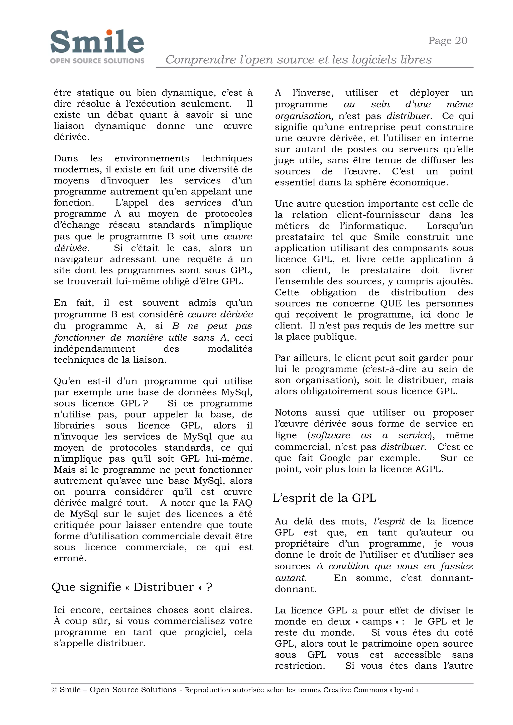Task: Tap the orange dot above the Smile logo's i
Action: click(x=109, y=33)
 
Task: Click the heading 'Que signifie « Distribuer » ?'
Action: click(x=132, y=587)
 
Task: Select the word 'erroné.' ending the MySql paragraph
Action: click(x=70, y=558)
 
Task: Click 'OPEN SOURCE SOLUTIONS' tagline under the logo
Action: click(x=97, y=61)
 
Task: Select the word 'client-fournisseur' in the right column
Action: click(x=378, y=215)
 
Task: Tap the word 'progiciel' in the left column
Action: click(x=207, y=632)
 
